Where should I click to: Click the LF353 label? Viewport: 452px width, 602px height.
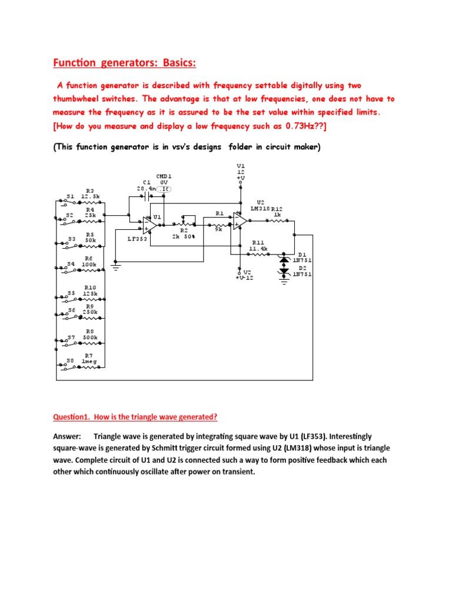(x=138, y=239)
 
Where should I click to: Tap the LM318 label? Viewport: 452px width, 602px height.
(x=260, y=208)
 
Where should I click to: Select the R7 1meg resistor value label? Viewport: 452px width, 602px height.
(x=89, y=361)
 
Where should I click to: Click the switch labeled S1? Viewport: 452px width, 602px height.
(x=69, y=202)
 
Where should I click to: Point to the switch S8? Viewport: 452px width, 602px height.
(x=69, y=366)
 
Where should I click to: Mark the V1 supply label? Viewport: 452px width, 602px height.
(x=240, y=170)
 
